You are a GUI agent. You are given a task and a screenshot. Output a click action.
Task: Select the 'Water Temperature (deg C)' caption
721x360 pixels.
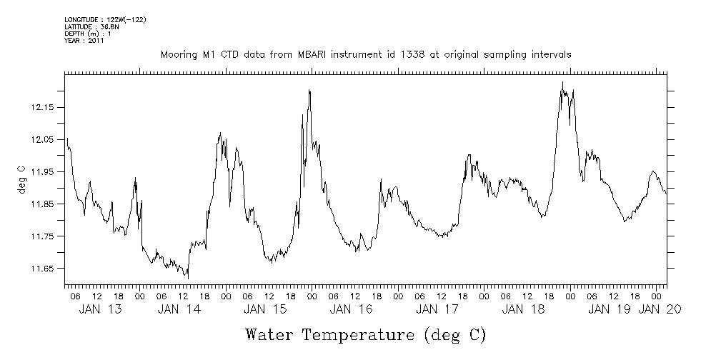click(365, 334)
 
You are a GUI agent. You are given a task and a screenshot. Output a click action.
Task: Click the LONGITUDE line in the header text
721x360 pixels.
click(105, 19)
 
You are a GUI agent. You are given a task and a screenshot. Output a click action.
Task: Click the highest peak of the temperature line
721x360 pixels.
click(562, 82)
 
